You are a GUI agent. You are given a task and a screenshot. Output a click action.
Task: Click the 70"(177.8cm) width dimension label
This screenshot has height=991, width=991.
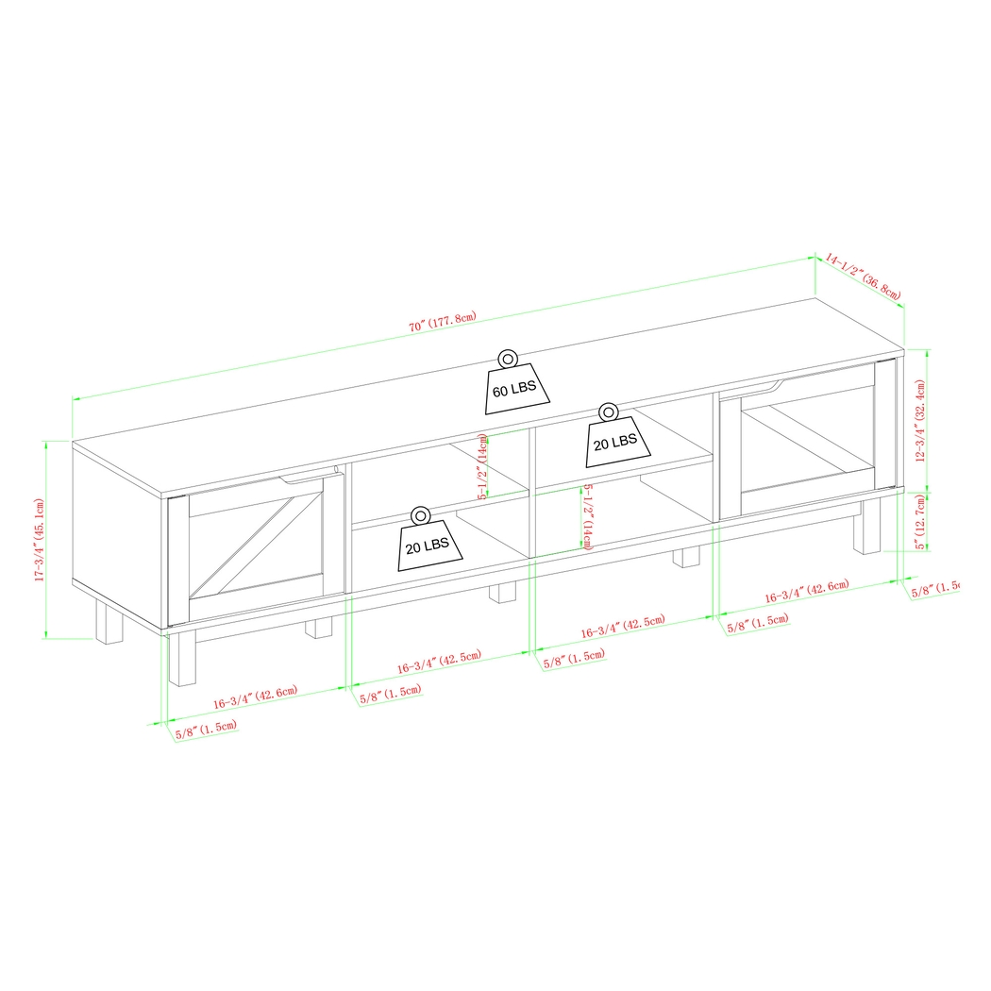point(442,324)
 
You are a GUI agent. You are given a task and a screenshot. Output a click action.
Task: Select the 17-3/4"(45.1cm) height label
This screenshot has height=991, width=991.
point(41,541)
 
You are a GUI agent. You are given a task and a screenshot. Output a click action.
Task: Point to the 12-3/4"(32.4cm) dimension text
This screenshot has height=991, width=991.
point(920,421)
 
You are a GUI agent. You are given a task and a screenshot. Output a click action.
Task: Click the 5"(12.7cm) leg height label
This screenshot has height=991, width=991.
point(920,518)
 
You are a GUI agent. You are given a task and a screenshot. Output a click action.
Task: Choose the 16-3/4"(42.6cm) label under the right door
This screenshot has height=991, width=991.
point(807,592)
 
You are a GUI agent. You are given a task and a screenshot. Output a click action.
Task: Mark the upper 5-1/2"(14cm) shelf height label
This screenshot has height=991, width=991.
point(482,467)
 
